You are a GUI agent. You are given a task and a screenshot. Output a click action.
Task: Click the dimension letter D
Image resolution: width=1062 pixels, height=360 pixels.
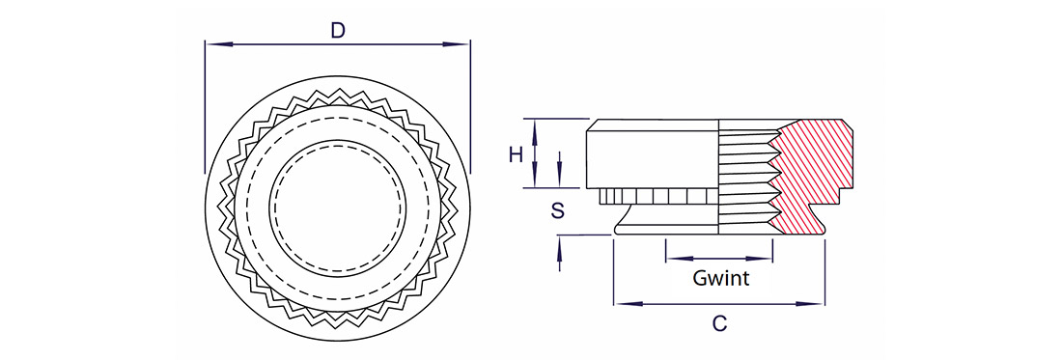pos(337,31)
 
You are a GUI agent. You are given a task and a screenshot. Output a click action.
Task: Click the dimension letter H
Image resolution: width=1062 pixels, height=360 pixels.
pos(517,155)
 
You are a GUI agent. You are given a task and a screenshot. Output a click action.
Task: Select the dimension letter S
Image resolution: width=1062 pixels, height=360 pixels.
pos(557,210)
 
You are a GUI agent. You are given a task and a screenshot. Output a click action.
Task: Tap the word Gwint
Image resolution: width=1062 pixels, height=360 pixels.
pos(720,277)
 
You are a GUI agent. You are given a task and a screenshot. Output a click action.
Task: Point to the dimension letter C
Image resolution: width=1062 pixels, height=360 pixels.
pos(720,324)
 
